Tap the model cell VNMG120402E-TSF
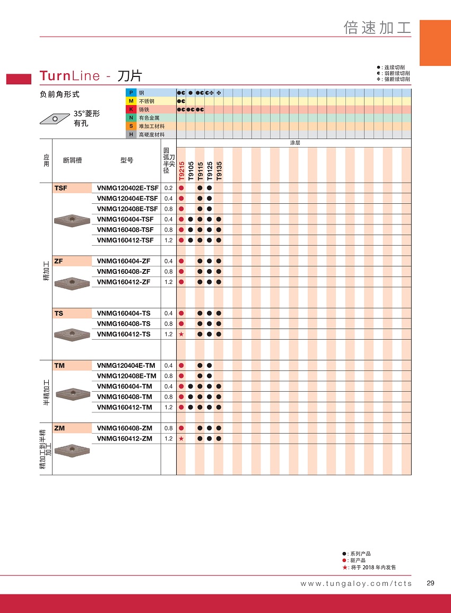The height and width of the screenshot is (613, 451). click(128, 188)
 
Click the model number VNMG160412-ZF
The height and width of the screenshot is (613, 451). click(124, 282)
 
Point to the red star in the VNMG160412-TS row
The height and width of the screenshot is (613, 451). click(181, 334)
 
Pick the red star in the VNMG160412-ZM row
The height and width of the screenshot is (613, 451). click(181, 438)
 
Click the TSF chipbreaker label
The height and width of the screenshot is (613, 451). click(61, 188)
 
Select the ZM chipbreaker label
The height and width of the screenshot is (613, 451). click(59, 428)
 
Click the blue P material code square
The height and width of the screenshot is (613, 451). click(131, 93)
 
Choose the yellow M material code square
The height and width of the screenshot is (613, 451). click(131, 101)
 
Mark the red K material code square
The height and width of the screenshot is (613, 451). click(131, 109)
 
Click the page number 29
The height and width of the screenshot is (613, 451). click(430, 583)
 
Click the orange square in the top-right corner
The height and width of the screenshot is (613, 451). click(435, 43)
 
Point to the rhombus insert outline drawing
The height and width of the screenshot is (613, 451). click(55, 118)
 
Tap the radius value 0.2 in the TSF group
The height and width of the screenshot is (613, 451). click(169, 188)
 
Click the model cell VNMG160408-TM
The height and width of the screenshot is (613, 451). click(125, 397)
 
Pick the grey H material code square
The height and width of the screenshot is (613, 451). click(131, 135)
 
